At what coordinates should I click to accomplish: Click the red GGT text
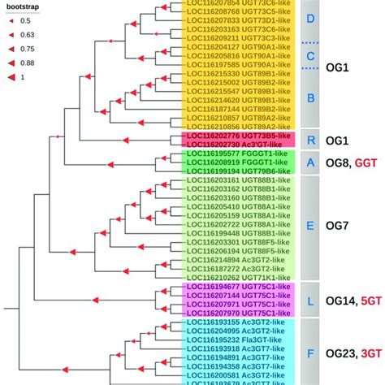(367, 162)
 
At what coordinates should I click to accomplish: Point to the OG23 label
(342, 353)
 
